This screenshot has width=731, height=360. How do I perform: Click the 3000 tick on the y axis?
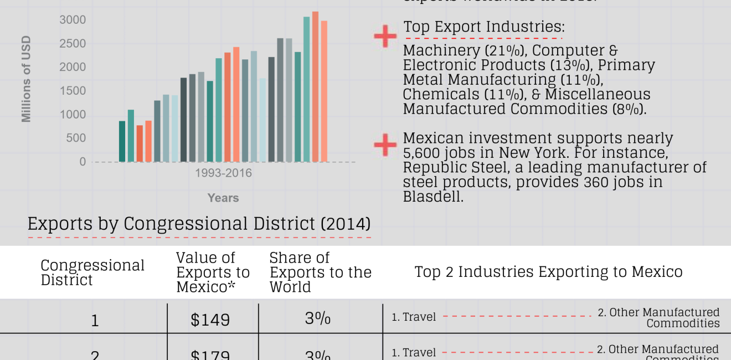pyautogui.click(x=73, y=20)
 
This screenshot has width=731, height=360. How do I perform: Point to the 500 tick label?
pyautogui.click(x=76, y=138)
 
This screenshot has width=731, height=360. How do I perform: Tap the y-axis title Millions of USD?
pyautogui.click(x=26, y=79)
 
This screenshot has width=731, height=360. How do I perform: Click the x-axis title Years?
pyautogui.click(x=223, y=198)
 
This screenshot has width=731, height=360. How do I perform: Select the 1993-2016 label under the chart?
pyautogui.click(x=223, y=173)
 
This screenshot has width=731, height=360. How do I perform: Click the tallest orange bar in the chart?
pyautogui.click(x=315, y=86)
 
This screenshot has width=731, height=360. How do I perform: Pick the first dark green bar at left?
pyautogui.click(x=122, y=141)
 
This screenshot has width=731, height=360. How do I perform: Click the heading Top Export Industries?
pyautogui.click(x=484, y=27)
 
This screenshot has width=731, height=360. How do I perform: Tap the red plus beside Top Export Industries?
pyautogui.click(x=385, y=36)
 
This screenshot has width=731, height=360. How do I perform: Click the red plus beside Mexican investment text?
pyautogui.click(x=385, y=145)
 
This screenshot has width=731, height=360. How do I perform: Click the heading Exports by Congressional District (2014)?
pyautogui.click(x=199, y=224)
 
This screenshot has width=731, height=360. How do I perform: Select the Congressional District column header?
pyautogui.click(x=92, y=272)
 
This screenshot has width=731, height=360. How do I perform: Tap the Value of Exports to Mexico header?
pyautogui.click(x=213, y=272)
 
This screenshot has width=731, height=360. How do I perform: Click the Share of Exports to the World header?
pyautogui.click(x=320, y=272)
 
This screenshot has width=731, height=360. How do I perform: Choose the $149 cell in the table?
pyautogui.click(x=210, y=320)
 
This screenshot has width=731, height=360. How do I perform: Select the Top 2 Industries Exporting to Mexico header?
pyautogui.click(x=548, y=272)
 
